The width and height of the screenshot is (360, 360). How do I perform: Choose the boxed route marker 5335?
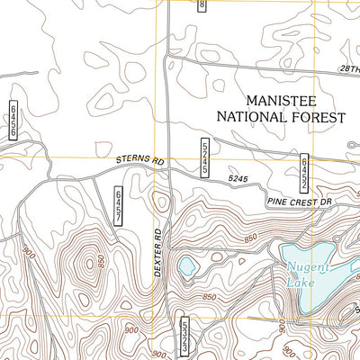[x=184, y=335]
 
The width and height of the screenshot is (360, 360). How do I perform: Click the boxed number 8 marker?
[x=202, y=5]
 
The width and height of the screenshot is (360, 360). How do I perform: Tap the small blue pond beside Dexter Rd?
[x=187, y=265]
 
